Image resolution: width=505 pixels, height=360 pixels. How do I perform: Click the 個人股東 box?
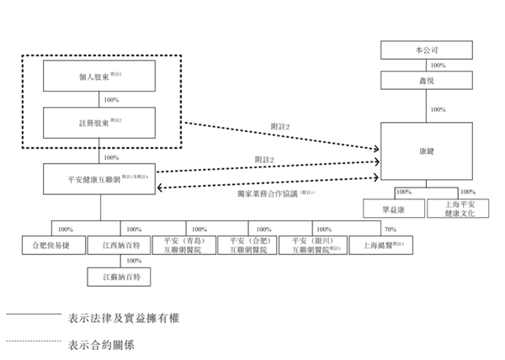coord(101,78)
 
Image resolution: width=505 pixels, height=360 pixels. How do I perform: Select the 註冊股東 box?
coord(101,123)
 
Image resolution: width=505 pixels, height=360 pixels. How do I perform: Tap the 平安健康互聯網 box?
coord(101,179)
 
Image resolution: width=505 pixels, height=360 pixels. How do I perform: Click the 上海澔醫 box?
coord(379,246)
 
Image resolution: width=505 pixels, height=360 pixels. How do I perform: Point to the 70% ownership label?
coord(390,229)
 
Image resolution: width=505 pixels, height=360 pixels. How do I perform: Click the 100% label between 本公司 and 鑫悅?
coord(438,66)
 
